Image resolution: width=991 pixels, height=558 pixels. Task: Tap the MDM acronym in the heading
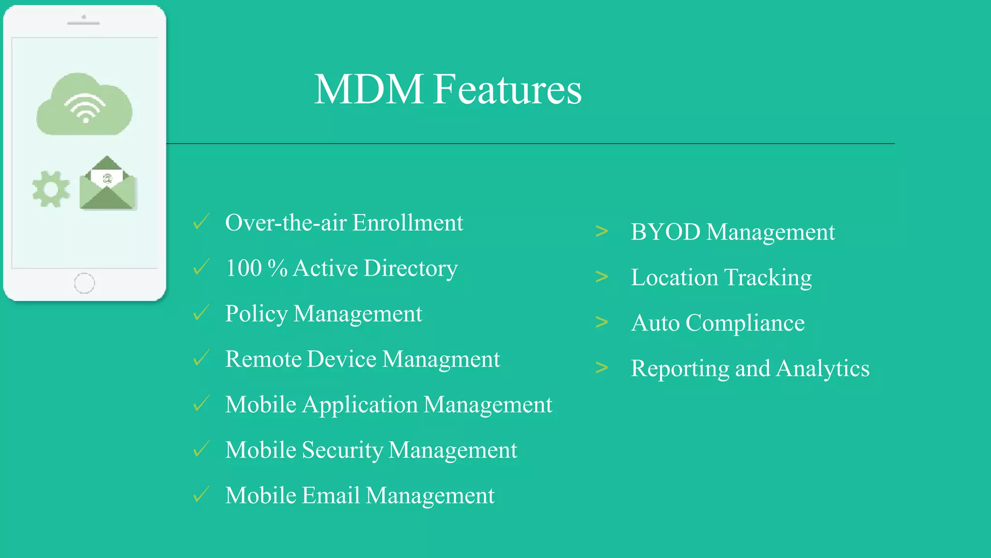coord(369,90)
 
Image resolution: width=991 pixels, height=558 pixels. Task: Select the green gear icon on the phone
coord(51,189)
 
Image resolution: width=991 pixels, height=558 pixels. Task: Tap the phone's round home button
coord(84,283)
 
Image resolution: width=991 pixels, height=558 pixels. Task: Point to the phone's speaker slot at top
coord(83,23)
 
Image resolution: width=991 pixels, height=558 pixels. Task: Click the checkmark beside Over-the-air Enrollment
coord(201,221)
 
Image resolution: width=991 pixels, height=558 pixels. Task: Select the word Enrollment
coord(407,223)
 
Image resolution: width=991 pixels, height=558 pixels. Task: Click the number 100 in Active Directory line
coord(243,268)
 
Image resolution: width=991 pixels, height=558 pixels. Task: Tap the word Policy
coord(256,314)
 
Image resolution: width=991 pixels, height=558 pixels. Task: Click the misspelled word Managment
coord(441,359)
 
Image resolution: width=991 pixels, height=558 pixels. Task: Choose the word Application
coord(360,405)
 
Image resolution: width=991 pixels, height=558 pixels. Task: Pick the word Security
coord(342,450)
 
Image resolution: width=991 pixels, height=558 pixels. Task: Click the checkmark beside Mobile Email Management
coord(201,495)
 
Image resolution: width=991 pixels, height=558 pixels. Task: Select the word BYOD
coord(665,232)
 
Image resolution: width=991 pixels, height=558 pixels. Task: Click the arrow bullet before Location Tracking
coord(601,277)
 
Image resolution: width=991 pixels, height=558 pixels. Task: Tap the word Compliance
coord(745,323)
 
